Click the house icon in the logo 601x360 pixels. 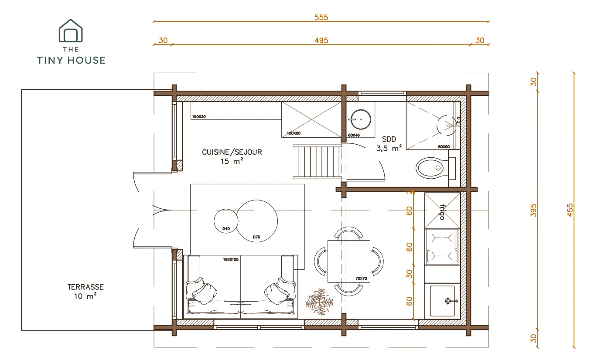pyautogui.click(x=71, y=31)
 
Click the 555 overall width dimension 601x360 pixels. pyautogui.click(x=321, y=17)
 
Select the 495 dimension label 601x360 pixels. pyautogui.click(x=321, y=41)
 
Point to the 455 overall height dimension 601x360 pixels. pyautogui.click(x=570, y=210)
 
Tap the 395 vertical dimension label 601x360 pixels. pyautogui.click(x=533, y=210)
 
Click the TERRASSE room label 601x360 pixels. pyautogui.click(x=85, y=287)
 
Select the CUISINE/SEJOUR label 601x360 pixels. pyautogui.click(x=232, y=152)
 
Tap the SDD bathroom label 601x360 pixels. pyautogui.click(x=389, y=139)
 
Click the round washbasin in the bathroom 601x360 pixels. pyautogui.click(x=361, y=119)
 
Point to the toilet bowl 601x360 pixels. pyautogui.click(x=432, y=168)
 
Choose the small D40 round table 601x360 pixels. pyautogui.click(x=226, y=221)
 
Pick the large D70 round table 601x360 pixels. pyautogui.click(x=257, y=221)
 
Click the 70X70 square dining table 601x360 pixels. pyautogui.click(x=349, y=262)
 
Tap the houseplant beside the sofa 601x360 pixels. pyautogui.click(x=319, y=301)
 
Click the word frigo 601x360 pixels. pyautogui.click(x=442, y=212)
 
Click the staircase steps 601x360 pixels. pyautogui.click(x=317, y=162)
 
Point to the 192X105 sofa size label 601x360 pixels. pyautogui.click(x=231, y=259)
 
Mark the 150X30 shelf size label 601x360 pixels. pyautogui.click(x=199, y=117)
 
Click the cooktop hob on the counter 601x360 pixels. pyautogui.click(x=442, y=247)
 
